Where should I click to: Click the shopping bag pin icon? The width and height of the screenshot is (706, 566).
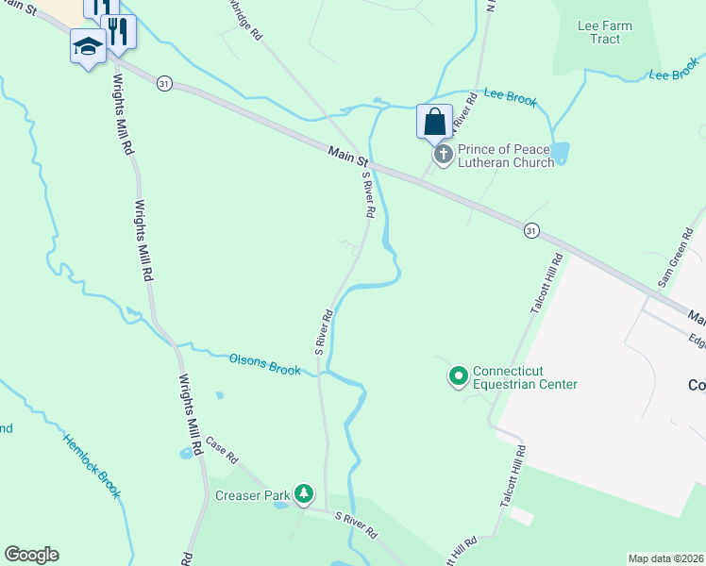[433, 123]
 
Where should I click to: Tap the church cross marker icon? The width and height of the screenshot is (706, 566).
[441, 154]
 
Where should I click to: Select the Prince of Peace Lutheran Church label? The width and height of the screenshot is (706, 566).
[505, 156]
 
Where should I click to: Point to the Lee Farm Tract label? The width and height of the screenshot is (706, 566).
[605, 32]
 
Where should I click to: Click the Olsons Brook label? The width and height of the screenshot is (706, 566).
[265, 363]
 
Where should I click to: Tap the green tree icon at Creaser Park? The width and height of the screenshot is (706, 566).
[303, 492]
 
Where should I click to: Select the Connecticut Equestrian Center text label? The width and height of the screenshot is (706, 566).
[525, 377]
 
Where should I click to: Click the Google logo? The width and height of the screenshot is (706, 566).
[31, 555]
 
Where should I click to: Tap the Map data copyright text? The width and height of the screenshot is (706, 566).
[665, 558]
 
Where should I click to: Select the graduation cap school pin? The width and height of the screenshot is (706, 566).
[88, 47]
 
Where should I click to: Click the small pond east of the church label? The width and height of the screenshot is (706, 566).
[560, 153]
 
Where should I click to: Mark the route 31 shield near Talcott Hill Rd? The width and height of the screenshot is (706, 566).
[532, 230]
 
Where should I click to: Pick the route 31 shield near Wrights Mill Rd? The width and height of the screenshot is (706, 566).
[165, 83]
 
